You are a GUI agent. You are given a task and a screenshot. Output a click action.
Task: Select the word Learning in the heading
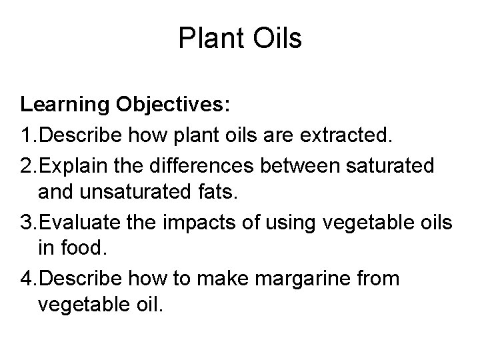click(65, 105)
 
